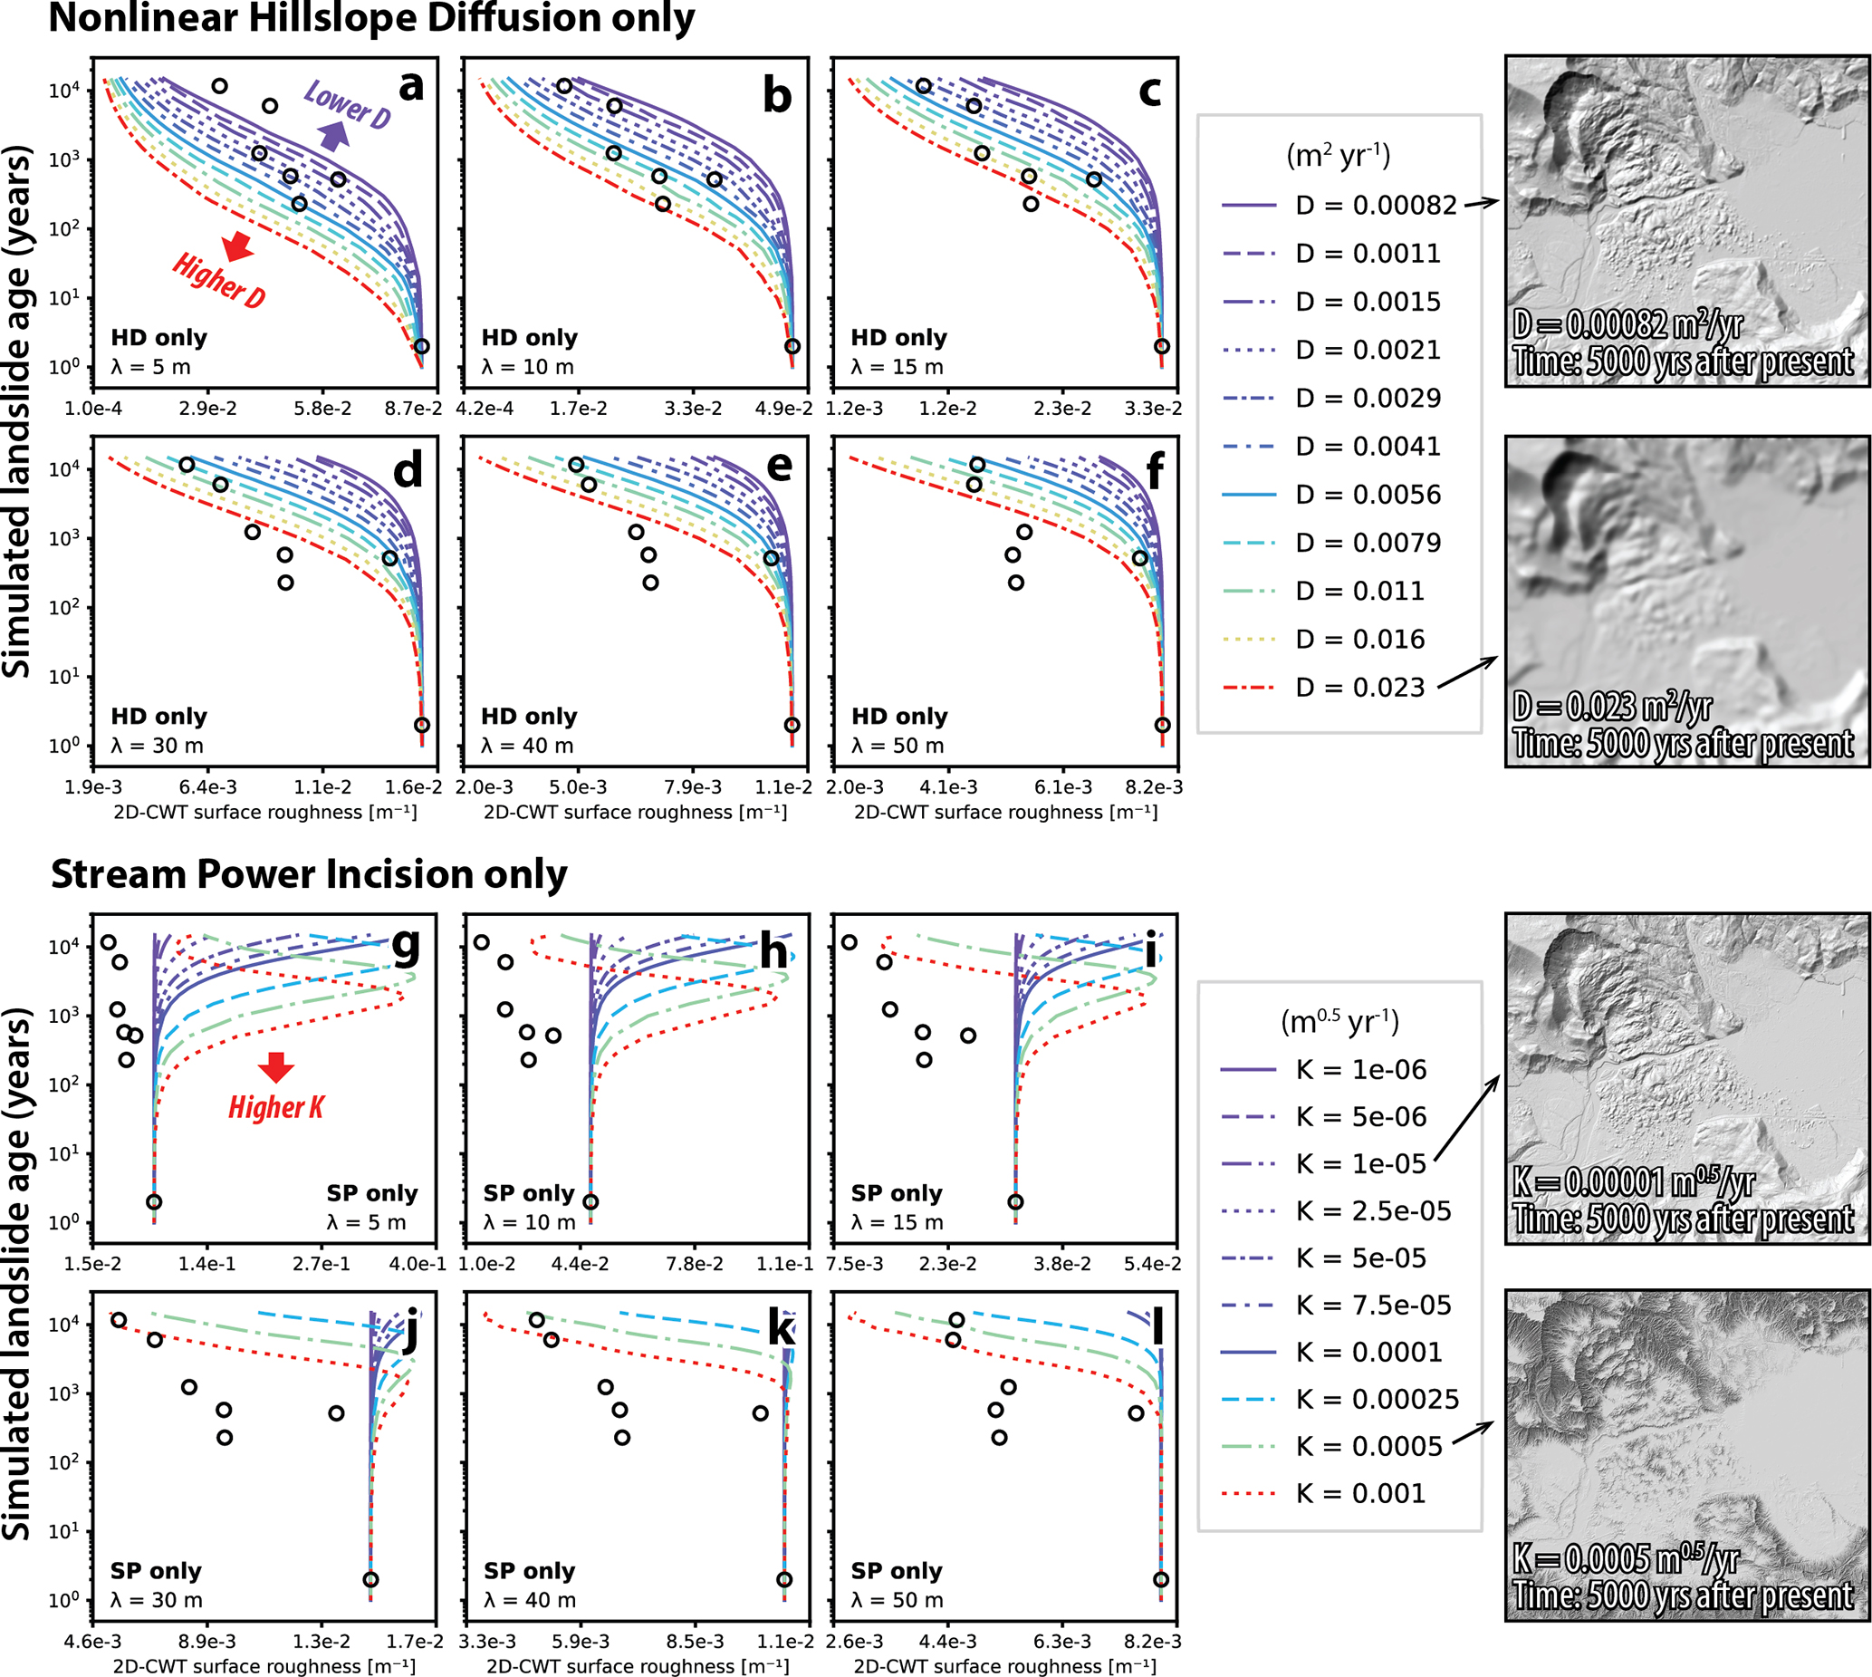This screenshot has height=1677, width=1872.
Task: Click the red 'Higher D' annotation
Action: click(219, 280)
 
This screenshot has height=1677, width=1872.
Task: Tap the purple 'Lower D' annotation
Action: click(347, 103)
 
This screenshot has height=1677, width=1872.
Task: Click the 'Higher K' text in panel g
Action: click(276, 1106)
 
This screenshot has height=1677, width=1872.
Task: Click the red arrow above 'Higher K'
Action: click(275, 1066)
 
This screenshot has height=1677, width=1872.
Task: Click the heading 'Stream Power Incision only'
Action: click(309, 873)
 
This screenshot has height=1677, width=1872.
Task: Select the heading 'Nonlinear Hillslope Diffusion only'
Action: click(371, 18)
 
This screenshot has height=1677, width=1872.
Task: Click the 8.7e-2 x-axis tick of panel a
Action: click(413, 409)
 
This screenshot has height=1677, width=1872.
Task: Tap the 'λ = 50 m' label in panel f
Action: click(898, 746)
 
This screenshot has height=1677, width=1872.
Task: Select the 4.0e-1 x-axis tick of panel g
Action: click(418, 1263)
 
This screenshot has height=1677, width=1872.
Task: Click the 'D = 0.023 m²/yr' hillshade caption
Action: click(1613, 707)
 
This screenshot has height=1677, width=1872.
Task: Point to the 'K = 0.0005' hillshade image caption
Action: click(1626, 1559)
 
